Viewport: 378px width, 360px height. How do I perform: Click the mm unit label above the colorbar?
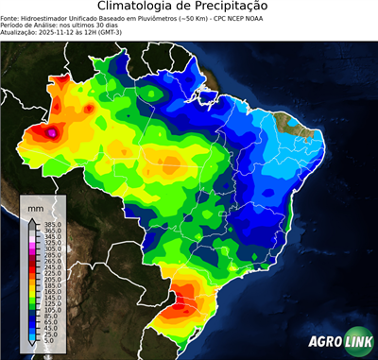[35, 206]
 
